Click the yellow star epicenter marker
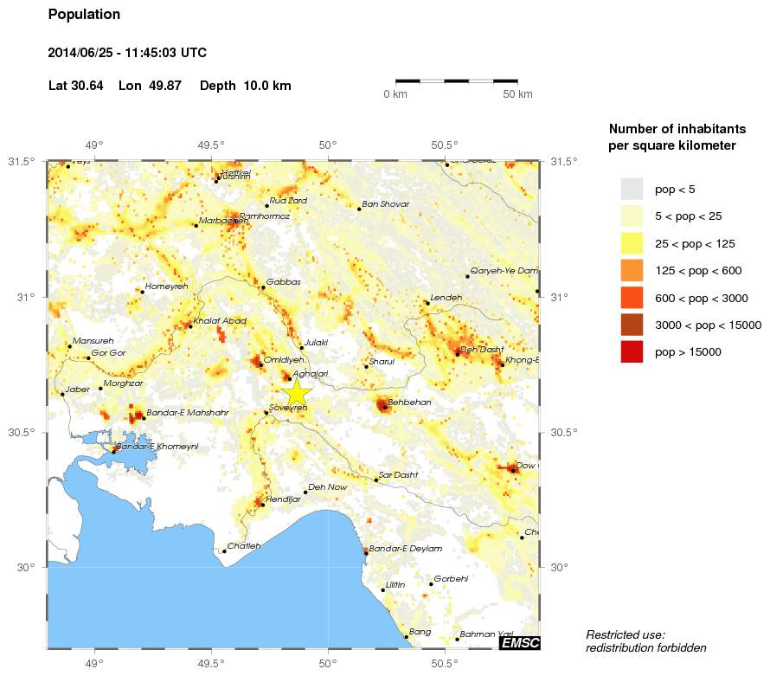point(296,392)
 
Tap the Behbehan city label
point(409,402)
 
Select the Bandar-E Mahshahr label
point(187,413)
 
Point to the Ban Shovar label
point(385,204)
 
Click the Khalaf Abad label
point(221,321)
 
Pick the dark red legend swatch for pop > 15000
point(632,351)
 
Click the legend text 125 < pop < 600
point(698,271)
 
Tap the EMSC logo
point(520,642)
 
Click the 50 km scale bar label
point(517,93)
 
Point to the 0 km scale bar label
point(395,93)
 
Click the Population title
point(84,15)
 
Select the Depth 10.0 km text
point(245,86)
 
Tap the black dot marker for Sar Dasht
point(375,480)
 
